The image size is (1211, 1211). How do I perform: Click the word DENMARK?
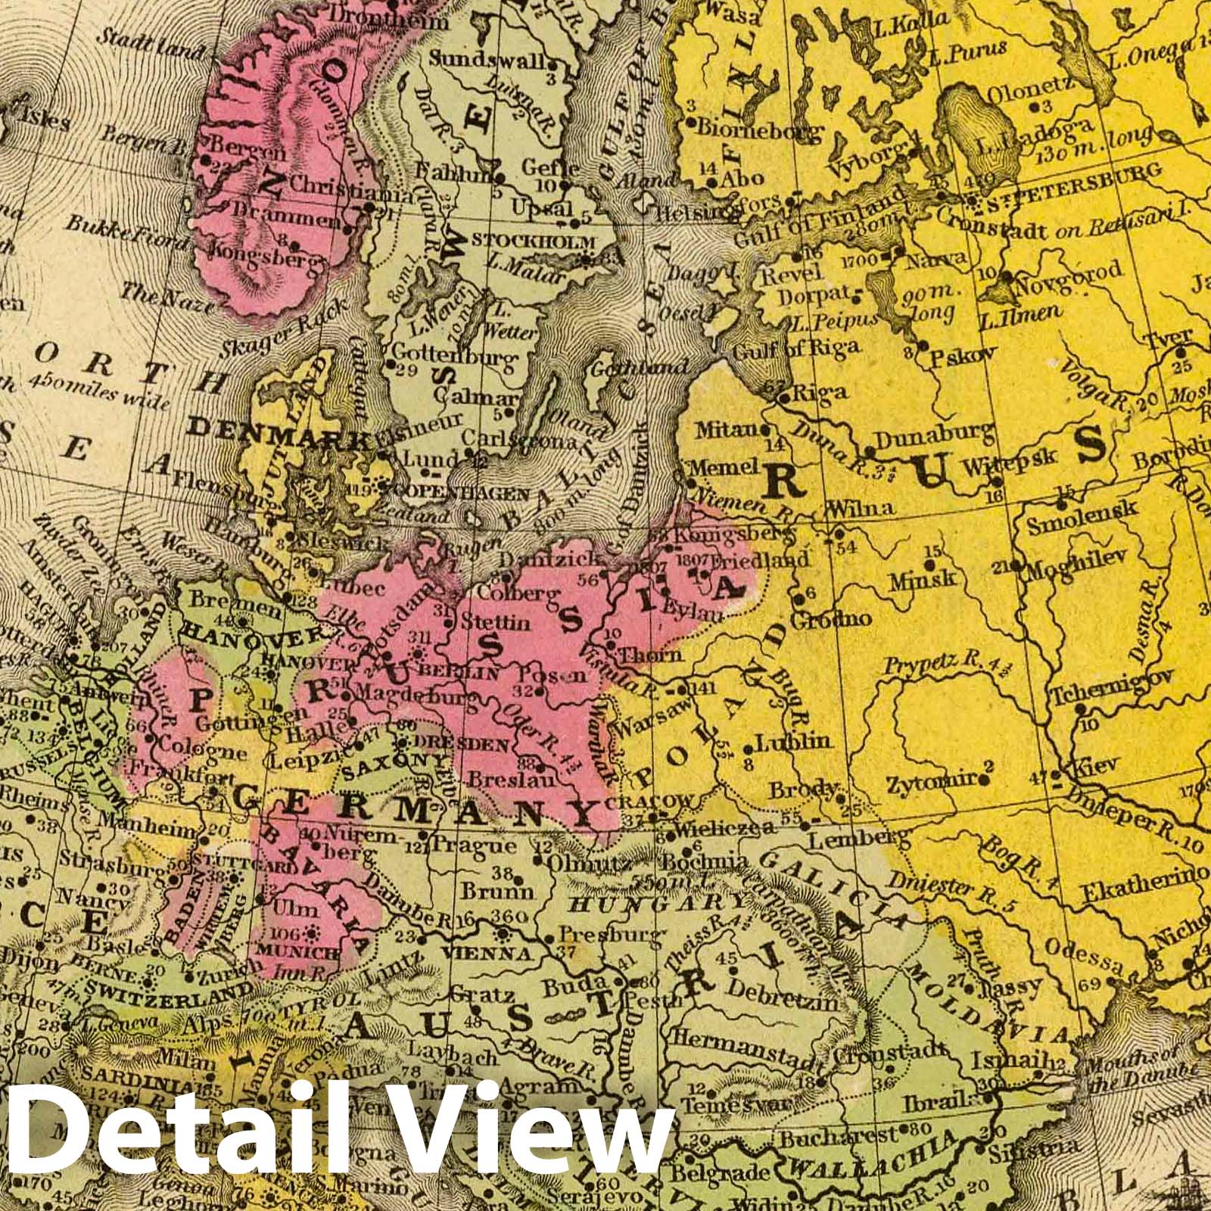(276, 431)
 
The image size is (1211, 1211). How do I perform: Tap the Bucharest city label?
(827, 1137)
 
